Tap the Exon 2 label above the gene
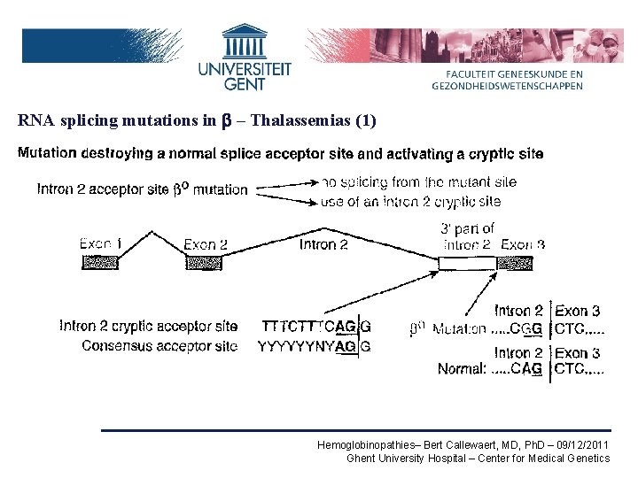tap(206, 243)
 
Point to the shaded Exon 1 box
tap(100, 262)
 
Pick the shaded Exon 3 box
tap(515, 263)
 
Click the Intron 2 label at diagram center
tap(323, 243)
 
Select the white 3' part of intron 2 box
tap(468, 263)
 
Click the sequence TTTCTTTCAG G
tap(316, 327)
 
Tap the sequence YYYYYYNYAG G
tap(315, 346)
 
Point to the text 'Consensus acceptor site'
tap(159, 346)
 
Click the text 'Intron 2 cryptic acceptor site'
tap(148, 327)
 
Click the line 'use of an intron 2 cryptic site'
tap(411, 202)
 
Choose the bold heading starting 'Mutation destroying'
tap(280, 153)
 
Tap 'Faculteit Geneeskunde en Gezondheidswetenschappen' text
tap(507, 81)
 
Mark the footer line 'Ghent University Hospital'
tap(478, 459)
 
